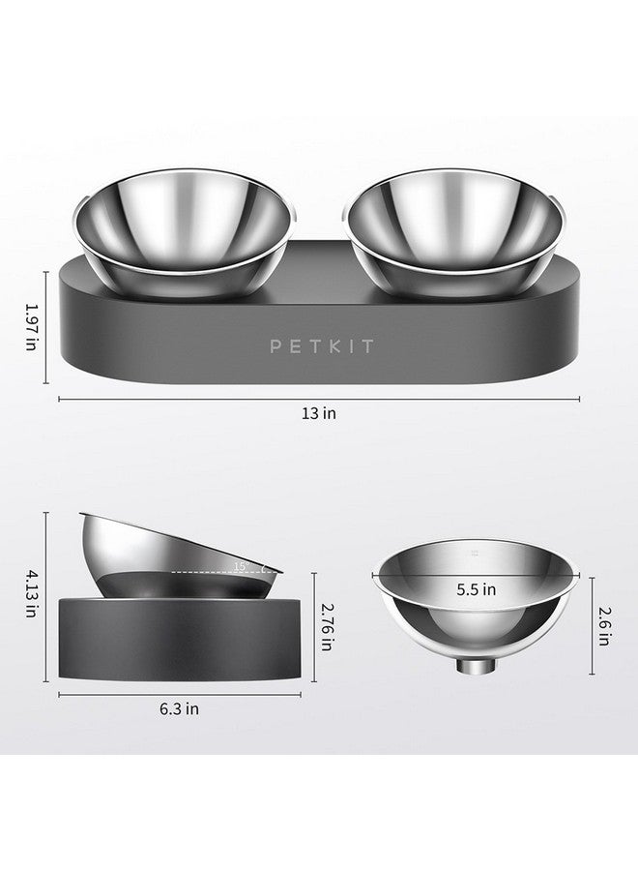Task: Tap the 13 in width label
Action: [319, 412]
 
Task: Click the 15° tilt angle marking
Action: [241, 565]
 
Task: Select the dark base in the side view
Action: [184, 639]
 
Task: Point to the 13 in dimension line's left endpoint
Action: [60, 397]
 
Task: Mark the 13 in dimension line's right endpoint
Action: [580, 397]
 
